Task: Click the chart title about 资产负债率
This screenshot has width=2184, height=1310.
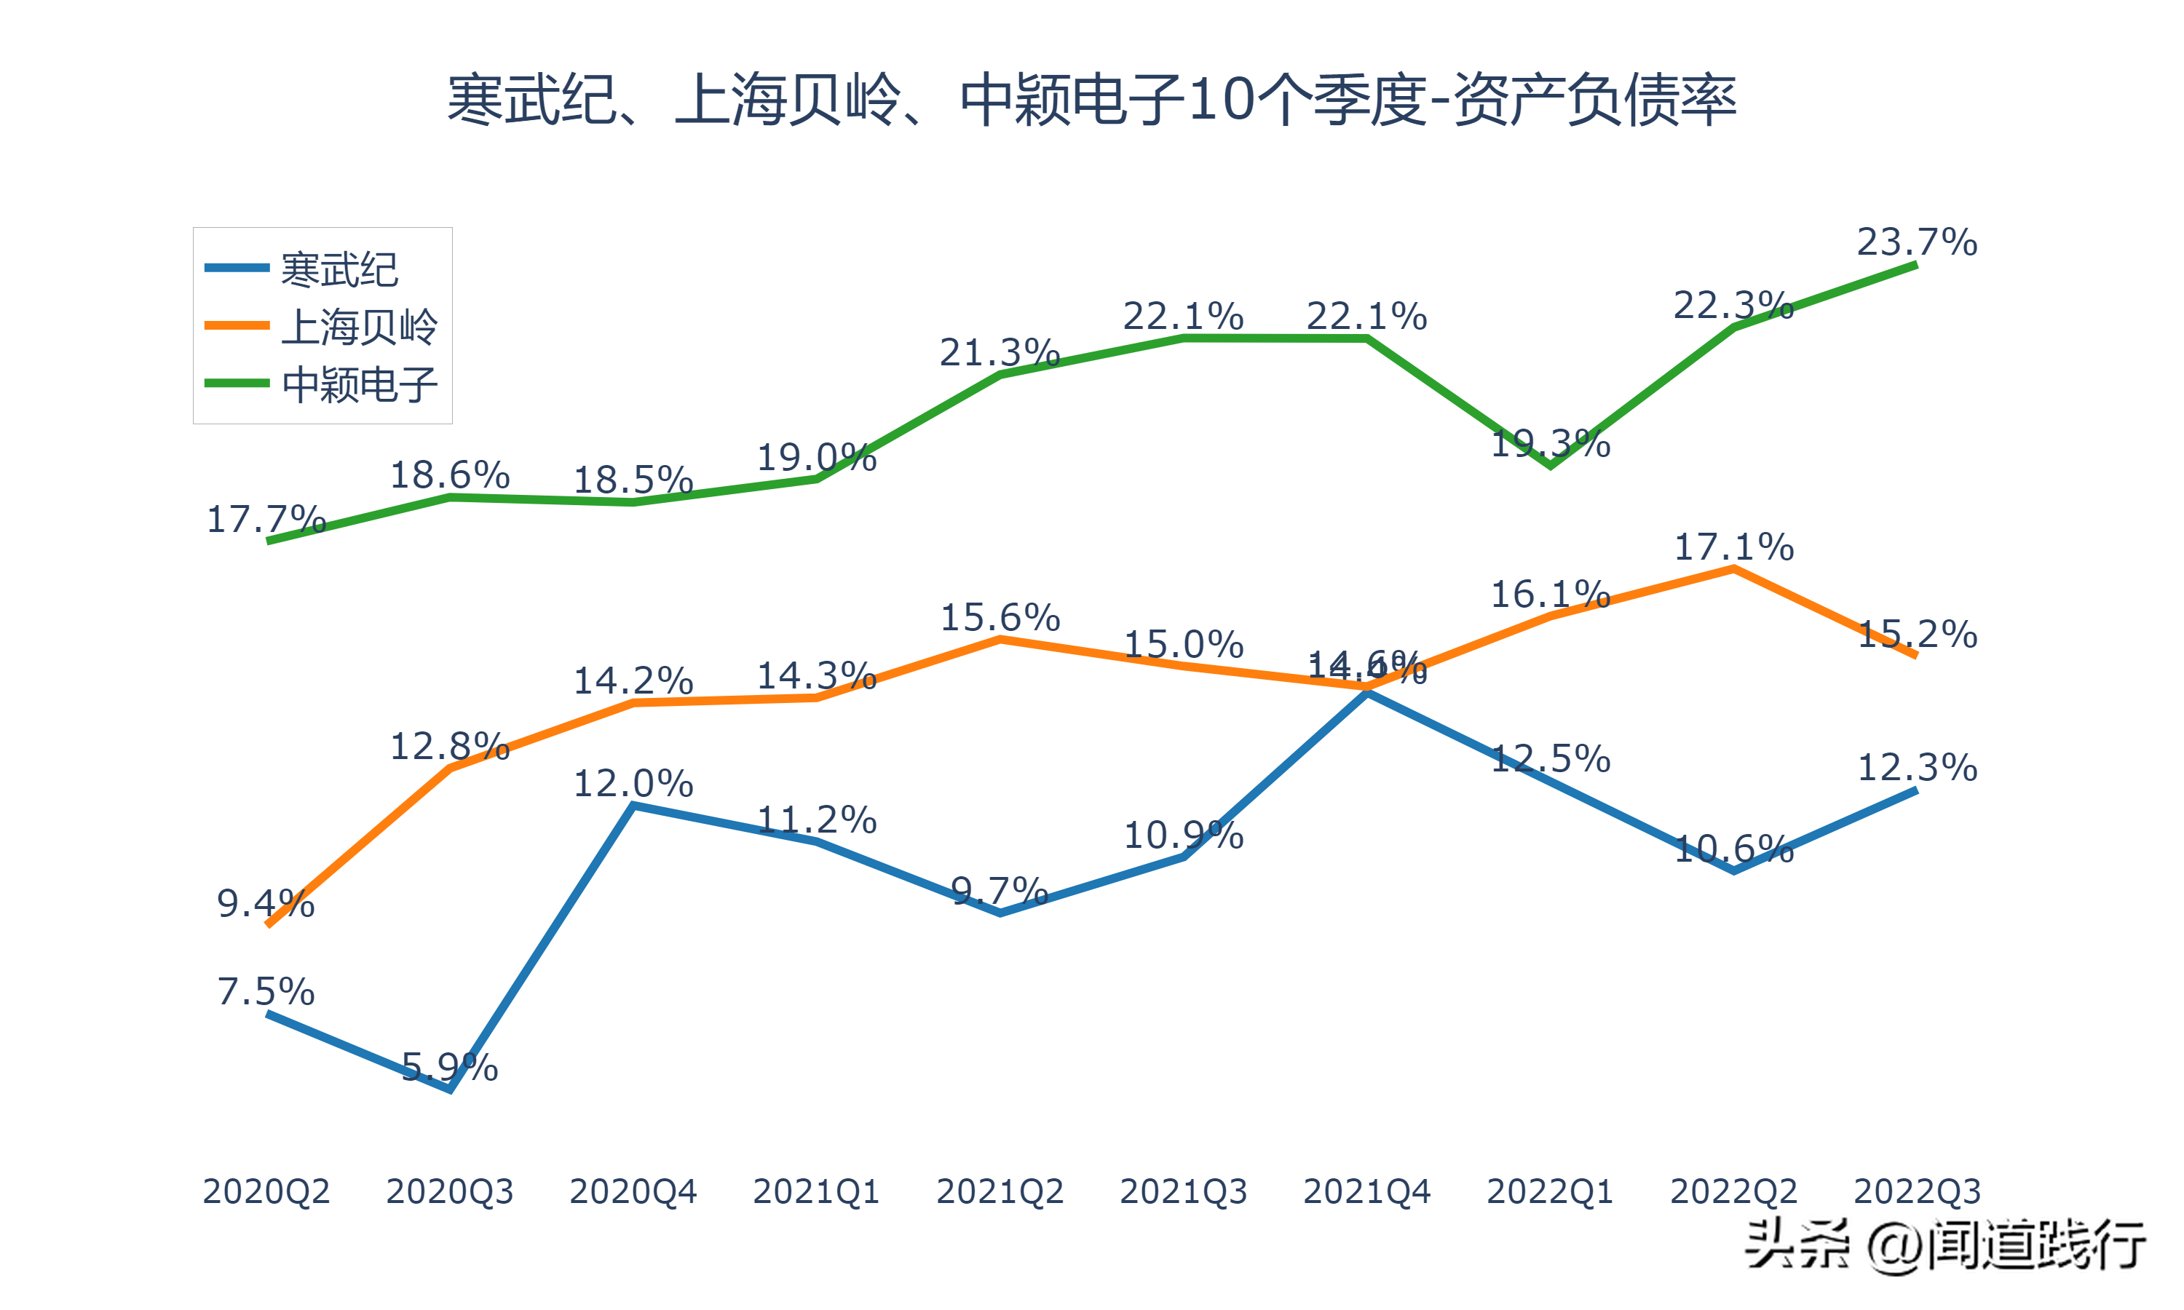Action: [x=1091, y=99]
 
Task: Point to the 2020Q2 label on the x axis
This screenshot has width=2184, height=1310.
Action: [x=266, y=1191]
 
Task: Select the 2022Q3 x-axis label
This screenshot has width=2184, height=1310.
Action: [x=1917, y=1191]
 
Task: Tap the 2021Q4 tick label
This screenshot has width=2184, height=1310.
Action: [x=1366, y=1191]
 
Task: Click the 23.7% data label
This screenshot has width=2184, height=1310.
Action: [x=1917, y=242]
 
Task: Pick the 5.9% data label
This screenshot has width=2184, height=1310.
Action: [x=449, y=1067]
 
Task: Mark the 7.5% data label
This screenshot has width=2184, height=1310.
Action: [x=266, y=991]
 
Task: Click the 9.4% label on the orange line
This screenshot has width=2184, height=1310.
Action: [x=266, y=903]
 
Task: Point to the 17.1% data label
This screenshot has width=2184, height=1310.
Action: [x=1734, y=547]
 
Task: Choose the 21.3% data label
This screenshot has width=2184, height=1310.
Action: [x=1000, y=352]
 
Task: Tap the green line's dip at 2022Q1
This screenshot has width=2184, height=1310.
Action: [x=1550, y=465]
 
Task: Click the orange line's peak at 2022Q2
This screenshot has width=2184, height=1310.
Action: [x=1734, y=569]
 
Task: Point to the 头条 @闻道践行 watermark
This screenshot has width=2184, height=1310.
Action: [x=1944, y=1245]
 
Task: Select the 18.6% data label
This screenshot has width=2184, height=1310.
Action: [x=449, y=475]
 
